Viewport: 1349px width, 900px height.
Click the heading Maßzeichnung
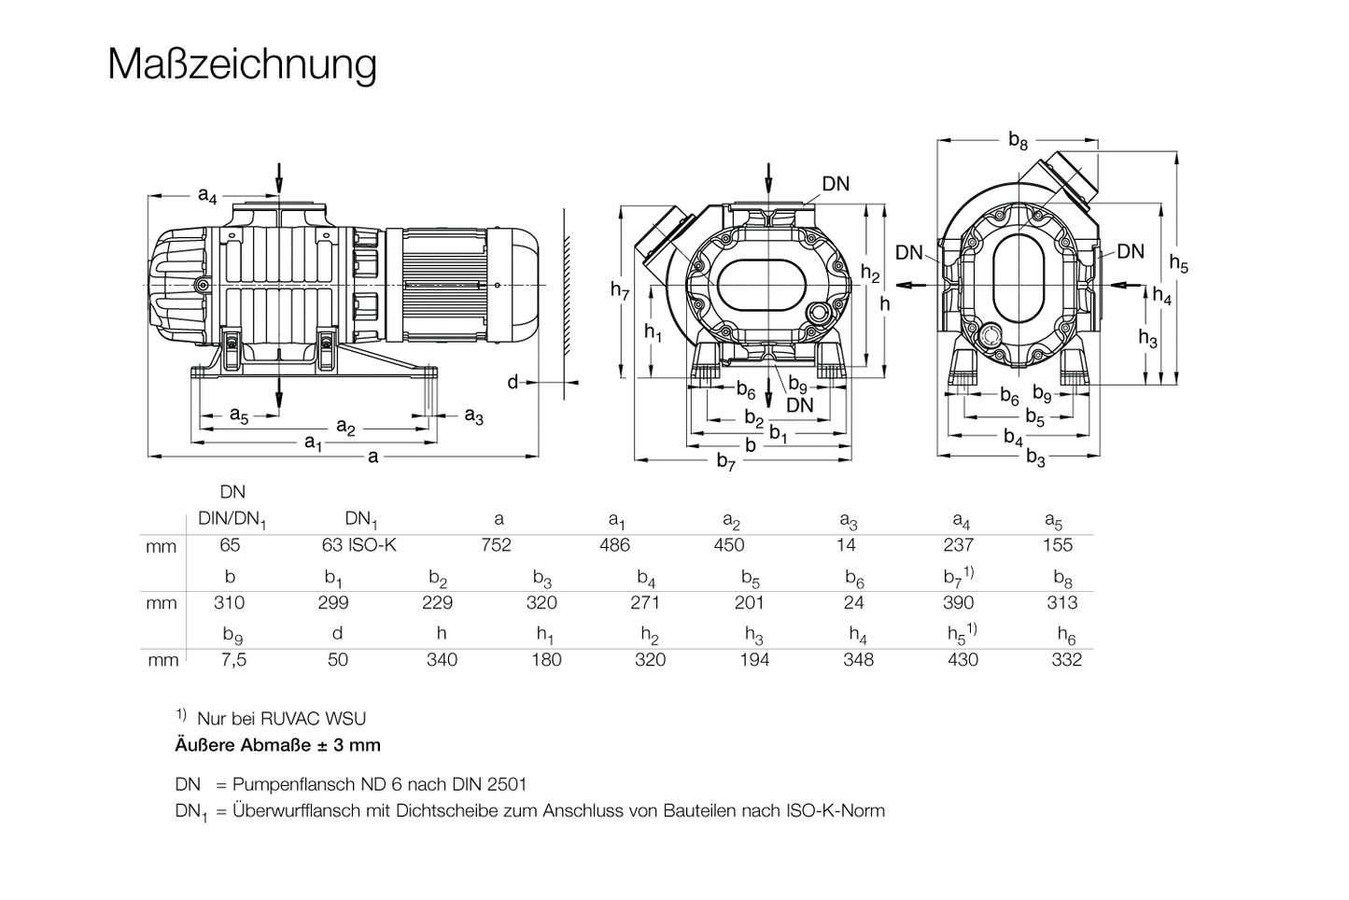pyautogui.click(x=243, y=64)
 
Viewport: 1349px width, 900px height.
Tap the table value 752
pyautogui.click(x=497, y=545)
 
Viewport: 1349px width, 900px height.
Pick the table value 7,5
pyautogui.click(x=234, y=660)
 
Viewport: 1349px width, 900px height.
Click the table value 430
pyautogui.click(x=963, y=660)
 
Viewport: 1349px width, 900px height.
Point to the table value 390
pyautogui.click(x=958, y=603)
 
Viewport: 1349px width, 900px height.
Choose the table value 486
pyautogui.click(x=614, y=545)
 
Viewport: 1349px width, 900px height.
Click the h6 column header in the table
pyautogui.click(x=1067, y=635)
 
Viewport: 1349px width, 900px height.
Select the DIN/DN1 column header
pyautogui.click(x=232, y=520)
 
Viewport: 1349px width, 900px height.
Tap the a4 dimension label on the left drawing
pyautogui.click(x=207, y=195)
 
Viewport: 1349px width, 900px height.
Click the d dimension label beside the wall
pyautogui.click(x=513, y=382)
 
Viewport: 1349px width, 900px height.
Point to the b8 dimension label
pyautogui.click(x=1018, y=141)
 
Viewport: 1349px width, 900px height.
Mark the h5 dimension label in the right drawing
pyautogui.click(x=1180, y=266)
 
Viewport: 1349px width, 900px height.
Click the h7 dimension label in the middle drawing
pyautogui.click(x=620, y=290)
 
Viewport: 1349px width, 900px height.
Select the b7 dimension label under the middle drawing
pyautogui.click(x=726, y=460)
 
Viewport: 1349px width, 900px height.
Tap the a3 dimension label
pyautogui.click(x=473, y=415)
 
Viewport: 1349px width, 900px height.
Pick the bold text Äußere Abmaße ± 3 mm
pyautogui.click(x=277, y=745)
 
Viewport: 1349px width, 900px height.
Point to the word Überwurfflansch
pyautogui.click(x=296, y=810)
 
